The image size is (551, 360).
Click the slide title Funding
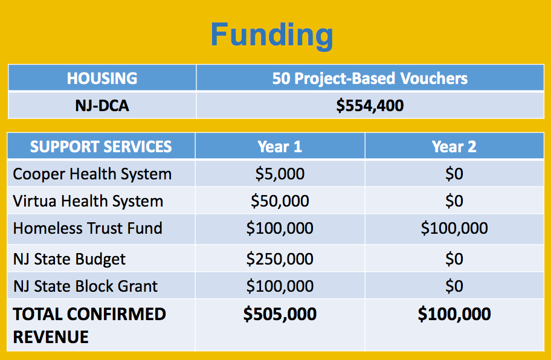[x=272, y=35]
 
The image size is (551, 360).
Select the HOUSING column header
[x=102, y=78]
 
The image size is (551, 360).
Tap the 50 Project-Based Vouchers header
[x=370, y=79]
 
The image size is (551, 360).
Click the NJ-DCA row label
[x=102, y=105]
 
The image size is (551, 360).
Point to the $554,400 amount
[x=370, y=105]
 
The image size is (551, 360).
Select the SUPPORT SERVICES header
[x=101, y=146]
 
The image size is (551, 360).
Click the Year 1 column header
[x=280, y=146]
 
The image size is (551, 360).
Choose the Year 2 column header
[x=454, y=146]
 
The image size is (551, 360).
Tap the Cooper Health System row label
[x=92, y=174]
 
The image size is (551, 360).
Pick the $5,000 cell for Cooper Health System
[x=280, y=173]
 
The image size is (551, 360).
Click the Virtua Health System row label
[x=88, y=201]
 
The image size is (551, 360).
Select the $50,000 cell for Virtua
[x=280, y=201]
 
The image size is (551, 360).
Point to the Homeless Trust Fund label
[x=88, y=228]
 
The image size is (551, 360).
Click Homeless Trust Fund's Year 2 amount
[x=454, y=228]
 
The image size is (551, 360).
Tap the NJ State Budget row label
[x=69, y=259]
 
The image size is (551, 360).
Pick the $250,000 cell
[x=280, y=259]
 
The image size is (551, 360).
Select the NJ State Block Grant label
[x=85, y=286]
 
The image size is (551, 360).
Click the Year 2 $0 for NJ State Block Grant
[x=454, y=286]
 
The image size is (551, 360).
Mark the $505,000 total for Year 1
[x=280, y=313]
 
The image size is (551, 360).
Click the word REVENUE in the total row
[x=51, y=337]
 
